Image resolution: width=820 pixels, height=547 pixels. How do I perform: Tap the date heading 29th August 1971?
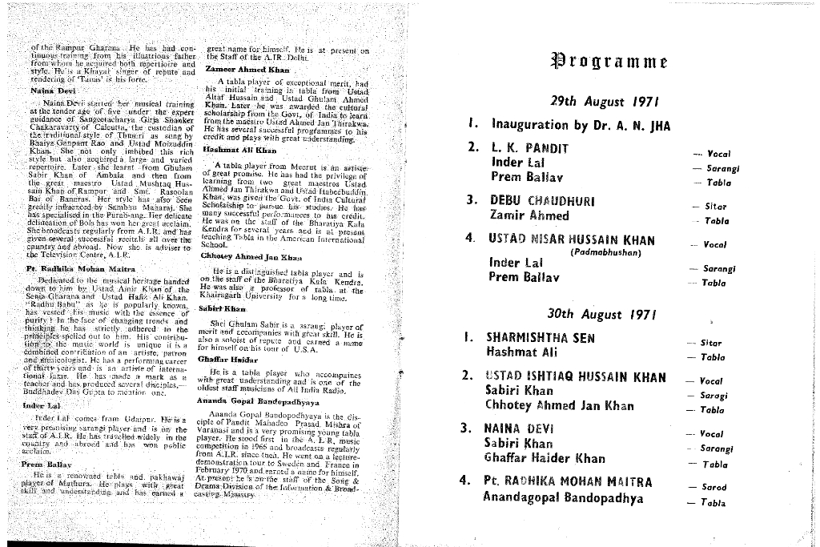click(x=593, y=102)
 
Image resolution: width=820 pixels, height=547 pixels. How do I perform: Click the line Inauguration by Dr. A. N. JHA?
click(x=581, y=125)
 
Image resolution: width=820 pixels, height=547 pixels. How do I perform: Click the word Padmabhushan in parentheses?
click(x=604, y=251)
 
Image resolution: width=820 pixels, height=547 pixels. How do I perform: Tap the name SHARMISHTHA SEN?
click(x=541, y=337)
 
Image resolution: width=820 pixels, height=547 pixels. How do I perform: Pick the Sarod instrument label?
click(x=713, y=487)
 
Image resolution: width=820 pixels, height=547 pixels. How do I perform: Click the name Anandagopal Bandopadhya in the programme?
click(x=563, y=497)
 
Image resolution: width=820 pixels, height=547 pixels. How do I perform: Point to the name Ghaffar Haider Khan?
click(x=545, y=459)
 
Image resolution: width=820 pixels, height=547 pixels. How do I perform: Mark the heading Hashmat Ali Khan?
click(x=239, y=149)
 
